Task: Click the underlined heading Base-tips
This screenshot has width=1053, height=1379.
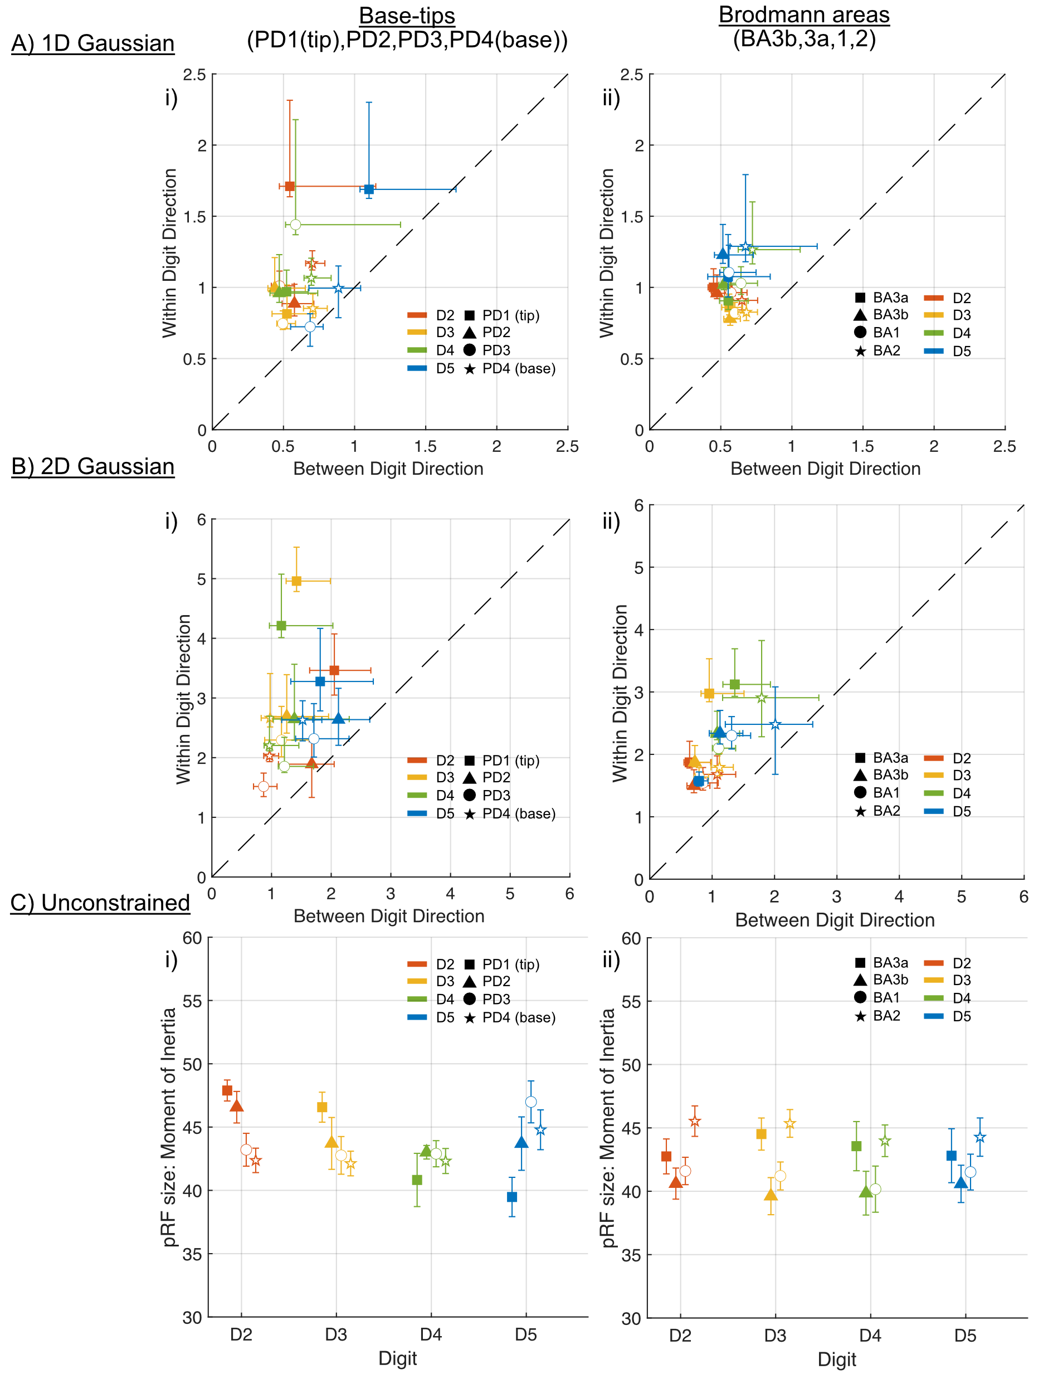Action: (x=407, y=15)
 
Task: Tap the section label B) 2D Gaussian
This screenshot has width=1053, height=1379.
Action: (x=92, y=466)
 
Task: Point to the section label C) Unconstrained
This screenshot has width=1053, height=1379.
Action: (x=100, y=903)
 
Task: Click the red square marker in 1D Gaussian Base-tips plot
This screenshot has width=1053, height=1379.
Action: (x=290, y=186)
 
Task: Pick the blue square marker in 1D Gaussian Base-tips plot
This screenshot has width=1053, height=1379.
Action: (x=369, y=189)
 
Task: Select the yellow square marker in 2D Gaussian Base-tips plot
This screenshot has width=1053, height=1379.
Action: (x=296, y=581)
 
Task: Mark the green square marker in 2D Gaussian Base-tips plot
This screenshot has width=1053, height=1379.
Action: (x=281, y=626)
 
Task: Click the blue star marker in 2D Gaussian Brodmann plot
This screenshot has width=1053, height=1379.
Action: (x=774, y=724)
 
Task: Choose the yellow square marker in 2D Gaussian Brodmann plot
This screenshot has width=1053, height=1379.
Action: (x=709, y=693)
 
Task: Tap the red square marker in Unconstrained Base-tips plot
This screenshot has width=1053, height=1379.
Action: (x=227, y=1091)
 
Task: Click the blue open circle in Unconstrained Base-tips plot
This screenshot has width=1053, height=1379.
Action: (x=530, y=1102)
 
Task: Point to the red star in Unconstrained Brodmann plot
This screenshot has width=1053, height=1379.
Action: (x=694, y=1122)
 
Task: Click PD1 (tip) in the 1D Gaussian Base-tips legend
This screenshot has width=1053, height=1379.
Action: (x=510, y=315)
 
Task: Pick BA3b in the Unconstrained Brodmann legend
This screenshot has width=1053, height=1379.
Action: (x=890, y=979)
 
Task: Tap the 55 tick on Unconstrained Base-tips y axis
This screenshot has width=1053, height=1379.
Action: (x=193, y=1001)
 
